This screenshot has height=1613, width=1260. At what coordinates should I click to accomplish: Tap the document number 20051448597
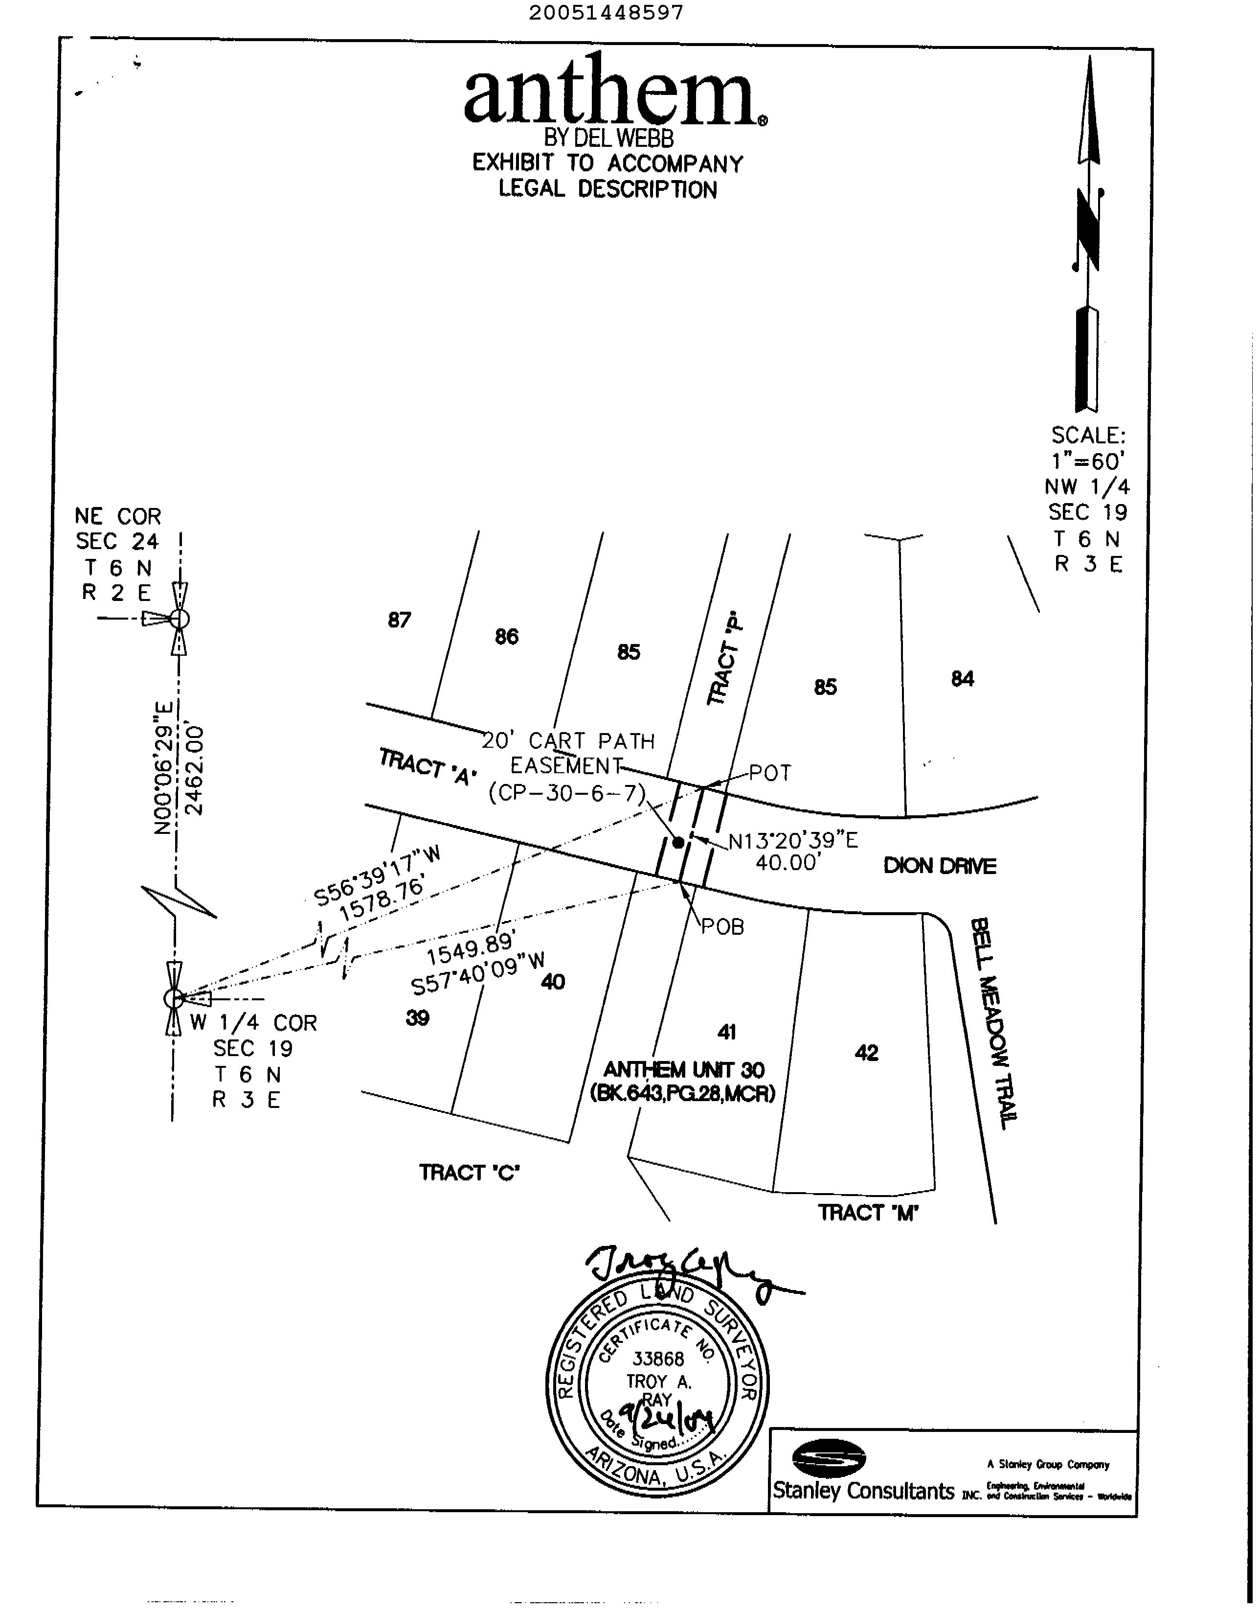coord(606,13)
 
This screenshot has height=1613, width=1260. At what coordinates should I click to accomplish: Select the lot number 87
coord(399,621)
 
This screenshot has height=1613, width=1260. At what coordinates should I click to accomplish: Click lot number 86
coord(506,637)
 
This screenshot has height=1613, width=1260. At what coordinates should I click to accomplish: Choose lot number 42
coord(867,1053)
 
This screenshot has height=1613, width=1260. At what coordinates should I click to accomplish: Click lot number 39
coord(418,1018)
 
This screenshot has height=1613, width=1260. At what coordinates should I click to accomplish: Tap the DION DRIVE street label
coord(940,866)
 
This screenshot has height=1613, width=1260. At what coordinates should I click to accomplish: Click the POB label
coord(722,927)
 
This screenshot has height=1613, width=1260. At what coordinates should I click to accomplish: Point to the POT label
coord(770,773)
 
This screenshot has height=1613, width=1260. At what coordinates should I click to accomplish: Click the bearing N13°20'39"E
coord(793,841)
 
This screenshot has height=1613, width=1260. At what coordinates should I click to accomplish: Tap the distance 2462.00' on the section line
coord(196,770)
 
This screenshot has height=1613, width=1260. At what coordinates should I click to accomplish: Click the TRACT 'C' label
coord(470,1173)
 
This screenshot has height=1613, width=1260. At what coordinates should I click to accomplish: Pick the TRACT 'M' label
coord(868,1213)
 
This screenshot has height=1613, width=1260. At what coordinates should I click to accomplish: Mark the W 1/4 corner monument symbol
coord(174,998)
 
